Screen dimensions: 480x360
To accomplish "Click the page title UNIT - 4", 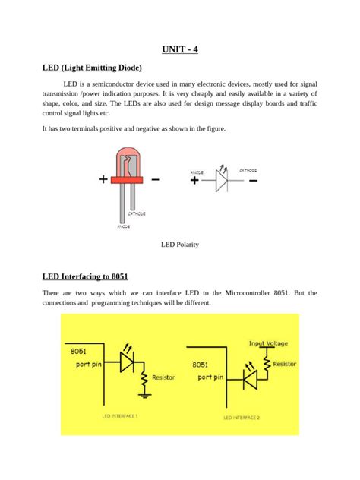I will click(x=180, y=50).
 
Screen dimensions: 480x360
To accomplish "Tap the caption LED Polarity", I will click(x=179, y=245).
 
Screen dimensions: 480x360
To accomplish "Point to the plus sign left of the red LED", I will click(x=103, y=180).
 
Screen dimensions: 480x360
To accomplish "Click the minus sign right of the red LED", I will click(x=155, y=180).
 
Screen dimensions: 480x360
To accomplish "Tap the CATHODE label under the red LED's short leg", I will click(x=136, y=214).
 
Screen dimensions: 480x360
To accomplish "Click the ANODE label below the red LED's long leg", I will click(x=123, y=226).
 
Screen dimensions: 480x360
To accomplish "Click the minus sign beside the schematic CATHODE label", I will click(x=252, y=181).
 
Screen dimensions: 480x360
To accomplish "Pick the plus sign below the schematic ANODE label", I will click(x=195, y=181).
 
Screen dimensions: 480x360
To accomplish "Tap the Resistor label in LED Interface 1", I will click(x=164, y=377).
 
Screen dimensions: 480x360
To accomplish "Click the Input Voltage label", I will click(x=267, y=343).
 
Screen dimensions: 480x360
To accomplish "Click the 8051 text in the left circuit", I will click(x=77, y=352).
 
